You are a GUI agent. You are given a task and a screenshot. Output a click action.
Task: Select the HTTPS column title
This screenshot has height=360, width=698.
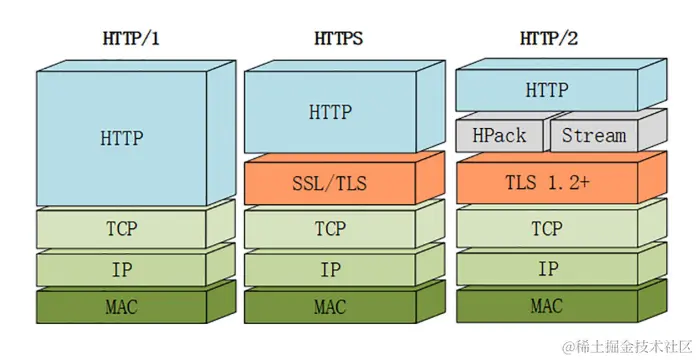tap(334, 40)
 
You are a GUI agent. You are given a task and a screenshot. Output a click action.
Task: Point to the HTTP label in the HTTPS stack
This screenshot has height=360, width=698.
tap(330, 112)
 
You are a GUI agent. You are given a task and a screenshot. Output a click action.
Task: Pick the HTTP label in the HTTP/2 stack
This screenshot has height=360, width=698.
tap(547, 91)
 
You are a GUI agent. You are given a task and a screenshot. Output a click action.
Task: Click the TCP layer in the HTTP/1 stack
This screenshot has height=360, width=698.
tap(122, 228)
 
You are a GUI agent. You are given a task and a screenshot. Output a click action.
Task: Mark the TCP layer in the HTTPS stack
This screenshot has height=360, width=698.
tap(330, 228)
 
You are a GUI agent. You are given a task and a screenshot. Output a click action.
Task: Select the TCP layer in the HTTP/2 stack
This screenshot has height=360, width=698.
tap(547, 228)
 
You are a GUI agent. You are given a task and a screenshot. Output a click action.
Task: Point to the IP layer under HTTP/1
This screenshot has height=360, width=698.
tap(122, 268)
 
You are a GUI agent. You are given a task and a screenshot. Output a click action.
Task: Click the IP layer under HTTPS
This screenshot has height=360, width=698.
tap(330, 269)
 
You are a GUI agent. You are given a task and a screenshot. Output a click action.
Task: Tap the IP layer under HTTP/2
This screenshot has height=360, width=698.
tap(547, 269)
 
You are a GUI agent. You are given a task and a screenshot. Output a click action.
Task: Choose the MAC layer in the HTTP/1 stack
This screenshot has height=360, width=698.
tap(122, 307)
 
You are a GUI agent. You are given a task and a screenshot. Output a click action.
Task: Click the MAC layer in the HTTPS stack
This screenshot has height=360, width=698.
tap(330, 307)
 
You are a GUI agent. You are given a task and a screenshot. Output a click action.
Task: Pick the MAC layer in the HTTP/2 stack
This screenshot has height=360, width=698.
tap(547, 306)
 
